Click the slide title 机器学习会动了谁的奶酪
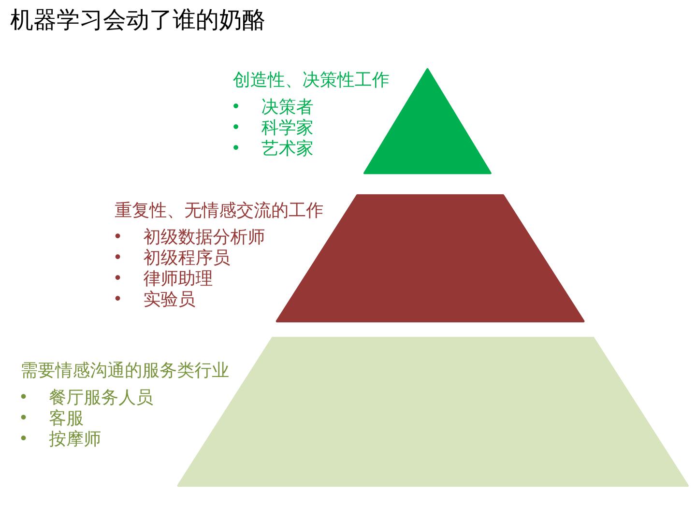[137, 20]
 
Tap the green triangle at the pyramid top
[427, 135]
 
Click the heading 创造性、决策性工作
[311, 80]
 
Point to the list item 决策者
[287, 106]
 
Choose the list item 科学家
[287, 128]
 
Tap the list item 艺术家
[287, 148]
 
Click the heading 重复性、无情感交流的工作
[218, 210]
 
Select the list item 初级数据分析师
[204, 237]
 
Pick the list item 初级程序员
[187, 258]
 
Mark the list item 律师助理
[178, 278]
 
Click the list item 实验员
[169, 299]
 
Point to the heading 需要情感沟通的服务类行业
[125, 370]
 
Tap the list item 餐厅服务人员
[101, 397]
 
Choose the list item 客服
[66, 418]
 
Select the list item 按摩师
[75, 439]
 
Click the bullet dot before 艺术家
[236, 147]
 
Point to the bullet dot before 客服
[24, 417]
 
